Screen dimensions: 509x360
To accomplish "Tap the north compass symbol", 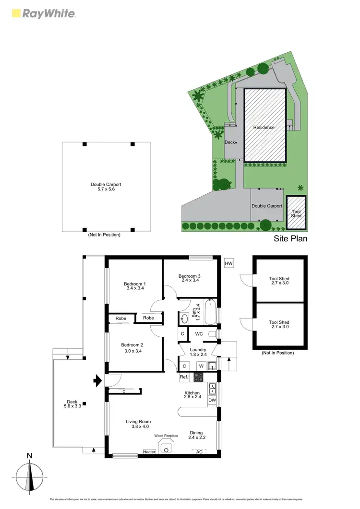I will [31, 477].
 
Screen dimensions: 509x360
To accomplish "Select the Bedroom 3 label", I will [189, 279].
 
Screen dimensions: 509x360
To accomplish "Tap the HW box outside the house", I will [229, 263].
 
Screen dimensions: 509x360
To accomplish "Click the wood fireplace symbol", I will [167, 449].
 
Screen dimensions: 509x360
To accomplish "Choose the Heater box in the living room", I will [149, 452].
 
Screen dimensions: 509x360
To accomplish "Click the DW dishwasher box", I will [212, 400].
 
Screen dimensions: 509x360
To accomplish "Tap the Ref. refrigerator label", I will [184, 378].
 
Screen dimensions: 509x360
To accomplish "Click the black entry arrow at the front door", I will [97, 381].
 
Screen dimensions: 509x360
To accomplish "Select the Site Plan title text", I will [290, 238].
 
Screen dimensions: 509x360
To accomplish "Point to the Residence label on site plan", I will [264, 127].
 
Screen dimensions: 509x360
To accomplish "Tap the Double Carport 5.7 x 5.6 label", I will [106, 187].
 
